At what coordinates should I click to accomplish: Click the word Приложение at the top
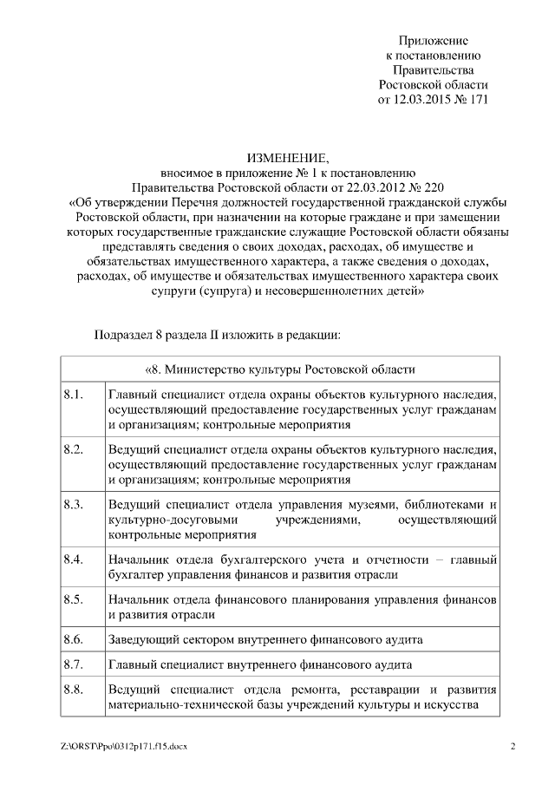tap(434, 41)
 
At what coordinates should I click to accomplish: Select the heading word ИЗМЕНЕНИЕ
tap(288, 158)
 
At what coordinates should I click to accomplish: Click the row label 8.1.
tap(74, 396)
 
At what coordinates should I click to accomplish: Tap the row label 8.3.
tap(74, 504)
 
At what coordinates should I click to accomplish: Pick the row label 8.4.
tap(74, 559)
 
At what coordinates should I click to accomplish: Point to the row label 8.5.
tap(74, 599)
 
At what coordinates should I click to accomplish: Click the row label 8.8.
tap(74, 690)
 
